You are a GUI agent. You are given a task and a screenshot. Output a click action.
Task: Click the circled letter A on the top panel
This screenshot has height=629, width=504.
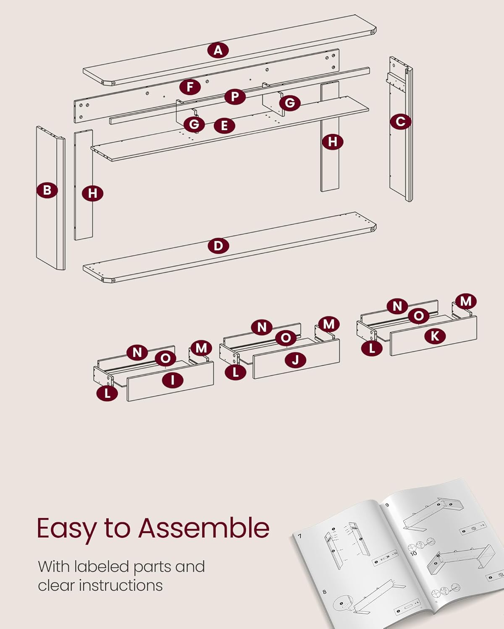pos(218,50)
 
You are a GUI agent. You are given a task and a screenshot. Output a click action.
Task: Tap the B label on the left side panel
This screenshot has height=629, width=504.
pos(47,190)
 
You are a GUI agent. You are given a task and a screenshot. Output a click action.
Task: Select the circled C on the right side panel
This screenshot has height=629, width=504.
pos(400,122)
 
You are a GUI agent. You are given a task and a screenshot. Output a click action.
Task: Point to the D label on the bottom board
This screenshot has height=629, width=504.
pos(218,245)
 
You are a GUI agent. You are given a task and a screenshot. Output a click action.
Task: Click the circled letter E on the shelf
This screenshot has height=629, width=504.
pos(224,125)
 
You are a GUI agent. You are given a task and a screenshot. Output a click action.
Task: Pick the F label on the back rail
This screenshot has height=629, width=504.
pos(190,87)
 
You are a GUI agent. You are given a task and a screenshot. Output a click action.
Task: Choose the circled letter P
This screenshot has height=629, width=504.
pos(235,97)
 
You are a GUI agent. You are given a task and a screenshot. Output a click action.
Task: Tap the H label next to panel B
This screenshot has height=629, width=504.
pos(92,193)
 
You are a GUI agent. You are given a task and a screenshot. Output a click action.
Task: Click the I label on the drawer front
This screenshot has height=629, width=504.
pos(173,380)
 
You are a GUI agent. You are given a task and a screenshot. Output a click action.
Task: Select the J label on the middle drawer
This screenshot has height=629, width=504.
pos(295,360)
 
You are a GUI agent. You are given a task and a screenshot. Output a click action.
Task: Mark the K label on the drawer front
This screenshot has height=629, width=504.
pos(435,336)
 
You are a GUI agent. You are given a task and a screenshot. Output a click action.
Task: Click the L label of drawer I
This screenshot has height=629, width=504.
pos(107,393)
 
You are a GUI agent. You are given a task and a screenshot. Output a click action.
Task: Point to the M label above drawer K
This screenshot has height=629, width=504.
pos(466,301)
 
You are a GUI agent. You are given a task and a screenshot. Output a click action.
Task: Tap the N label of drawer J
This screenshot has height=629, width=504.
pos(262,327)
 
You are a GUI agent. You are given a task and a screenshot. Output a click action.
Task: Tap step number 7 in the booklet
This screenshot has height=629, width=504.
pos(300,536)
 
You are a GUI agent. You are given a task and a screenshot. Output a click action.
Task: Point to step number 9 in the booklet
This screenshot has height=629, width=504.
pos(387,505)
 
